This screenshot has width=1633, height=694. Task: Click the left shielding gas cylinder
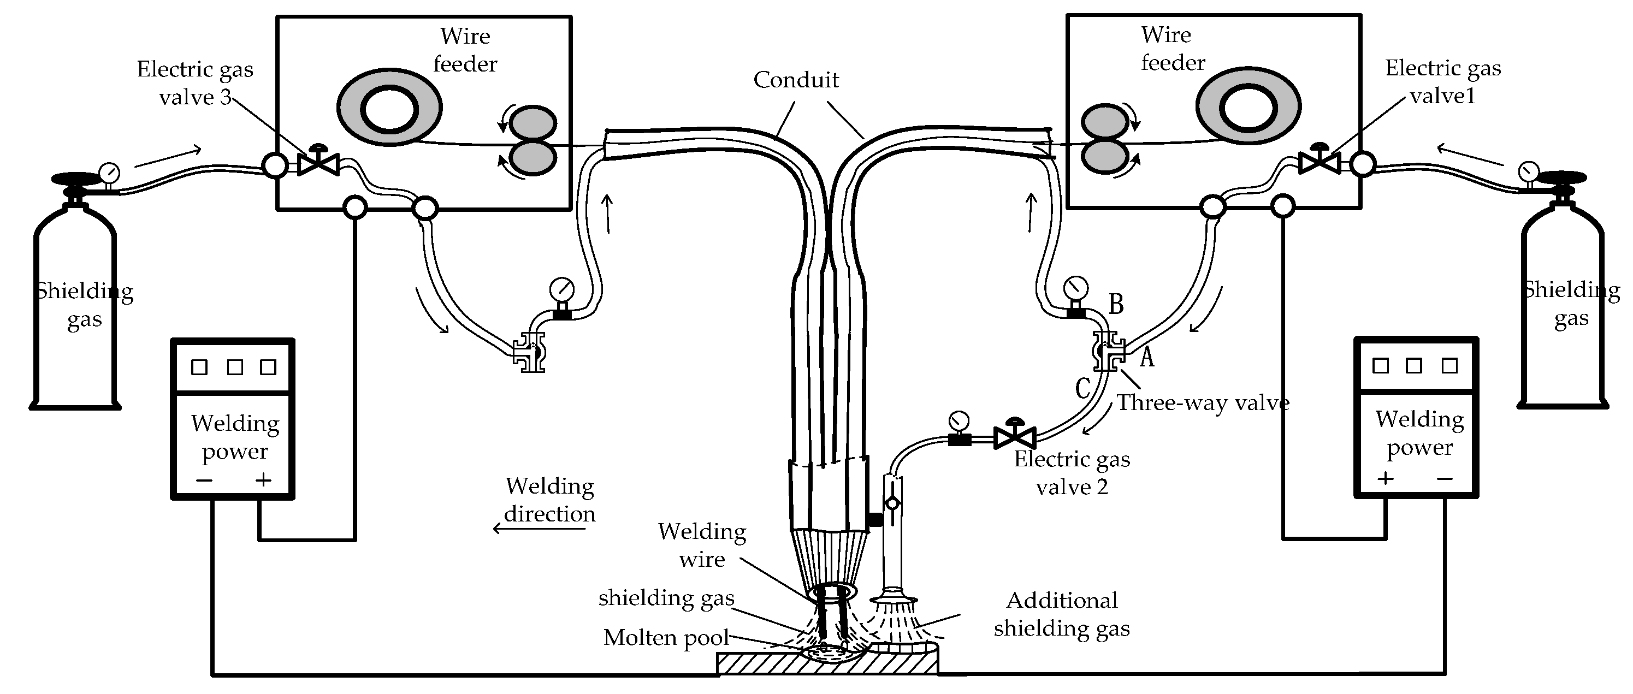pos(75,304)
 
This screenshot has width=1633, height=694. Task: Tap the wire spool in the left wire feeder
pos(389,108)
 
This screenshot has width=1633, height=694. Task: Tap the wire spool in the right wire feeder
pos(1247,106)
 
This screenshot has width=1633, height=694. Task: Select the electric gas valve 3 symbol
pos(318,163)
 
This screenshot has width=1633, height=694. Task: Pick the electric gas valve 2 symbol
pos(1015,436)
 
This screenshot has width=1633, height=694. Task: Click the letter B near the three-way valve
pos(1116,304)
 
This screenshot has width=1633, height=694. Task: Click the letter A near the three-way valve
pos(1147,358)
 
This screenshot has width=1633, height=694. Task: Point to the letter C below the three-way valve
pos(1082,388)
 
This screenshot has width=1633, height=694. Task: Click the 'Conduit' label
pos(796,80)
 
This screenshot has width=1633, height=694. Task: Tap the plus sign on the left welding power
pos(263,480)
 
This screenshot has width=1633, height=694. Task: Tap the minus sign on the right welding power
pos(1445,478)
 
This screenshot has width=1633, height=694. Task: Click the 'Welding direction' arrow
pos(539,528)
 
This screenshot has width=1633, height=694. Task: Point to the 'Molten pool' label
pos(666,638)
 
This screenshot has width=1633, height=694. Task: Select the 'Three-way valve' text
pos(1203,402)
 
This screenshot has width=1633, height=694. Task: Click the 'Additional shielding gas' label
pos(1062,614)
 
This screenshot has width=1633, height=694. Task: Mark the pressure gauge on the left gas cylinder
pos(109,173)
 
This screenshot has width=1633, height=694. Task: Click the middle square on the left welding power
pos(234,367)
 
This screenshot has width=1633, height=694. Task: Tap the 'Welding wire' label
pos(702,545)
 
